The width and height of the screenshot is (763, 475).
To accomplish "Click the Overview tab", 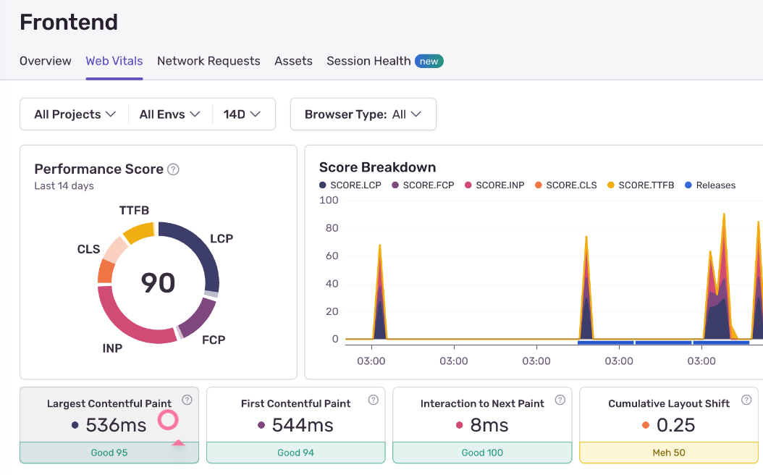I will pos(45,61).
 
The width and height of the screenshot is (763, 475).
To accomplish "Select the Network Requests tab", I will pos(208,61).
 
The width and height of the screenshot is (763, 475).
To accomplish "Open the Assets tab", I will pos(293,61).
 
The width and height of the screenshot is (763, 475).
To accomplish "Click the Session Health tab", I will pos(368,61).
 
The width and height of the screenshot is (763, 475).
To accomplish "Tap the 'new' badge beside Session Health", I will pos(429,62).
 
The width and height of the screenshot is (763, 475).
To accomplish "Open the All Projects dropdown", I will pos(75,114).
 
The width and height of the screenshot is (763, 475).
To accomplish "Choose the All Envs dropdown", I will pos(169,114).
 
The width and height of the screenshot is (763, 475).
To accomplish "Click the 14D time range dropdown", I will pos(242,114).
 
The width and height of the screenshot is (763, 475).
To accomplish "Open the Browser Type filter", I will pos(363,114).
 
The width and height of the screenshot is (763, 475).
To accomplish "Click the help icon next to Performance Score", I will pos(173,169).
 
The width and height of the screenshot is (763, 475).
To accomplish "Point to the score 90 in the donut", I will pos(158,282).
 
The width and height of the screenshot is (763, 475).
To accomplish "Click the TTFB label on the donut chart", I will pos(134,211).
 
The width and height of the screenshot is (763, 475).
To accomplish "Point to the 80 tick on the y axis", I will pos(332,228).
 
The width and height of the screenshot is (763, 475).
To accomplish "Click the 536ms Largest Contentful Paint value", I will pos(116,425).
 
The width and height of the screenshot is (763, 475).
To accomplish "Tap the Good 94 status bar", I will pos(295,453).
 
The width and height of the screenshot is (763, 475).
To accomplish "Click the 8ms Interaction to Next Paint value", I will pos(489,425).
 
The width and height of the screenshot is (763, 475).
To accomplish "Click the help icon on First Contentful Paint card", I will pos(374,400).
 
